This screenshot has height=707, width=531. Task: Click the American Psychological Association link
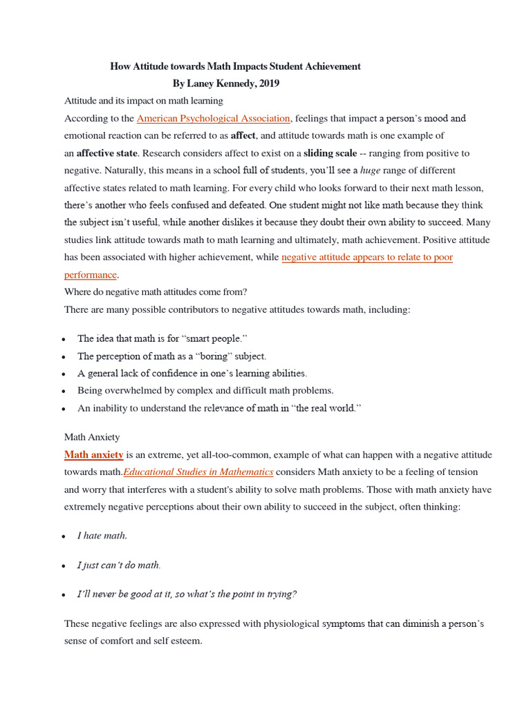tap(214, 119)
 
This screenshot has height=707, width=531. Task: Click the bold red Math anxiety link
tap(94, 455)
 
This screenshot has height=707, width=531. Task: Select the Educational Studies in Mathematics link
tap(198, 472)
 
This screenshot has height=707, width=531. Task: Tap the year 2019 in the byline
tap(268, 84)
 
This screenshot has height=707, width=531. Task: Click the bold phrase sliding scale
tap(330, 153)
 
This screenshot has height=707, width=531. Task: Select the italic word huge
tap(371, 171)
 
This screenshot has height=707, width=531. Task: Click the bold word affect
tap(243, 136)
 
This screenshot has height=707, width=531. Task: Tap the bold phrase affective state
tap(107, 153)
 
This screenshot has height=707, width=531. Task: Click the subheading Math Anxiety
tap(92, 437)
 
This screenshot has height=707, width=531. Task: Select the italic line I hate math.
tap(102, 536)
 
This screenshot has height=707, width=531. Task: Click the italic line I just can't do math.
tap(119, 565)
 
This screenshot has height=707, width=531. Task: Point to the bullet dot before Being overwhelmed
tap(64, 391)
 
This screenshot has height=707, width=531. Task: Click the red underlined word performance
tap(91, 275)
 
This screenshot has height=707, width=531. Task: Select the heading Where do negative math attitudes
tap(156, 291)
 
